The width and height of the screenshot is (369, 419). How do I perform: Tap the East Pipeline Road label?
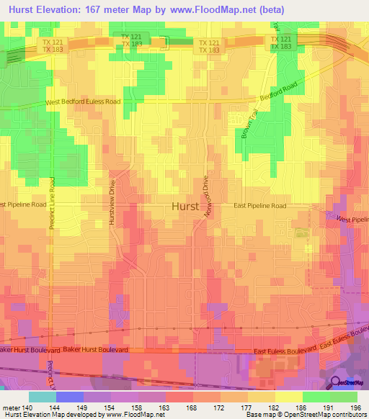[x=259, y=206]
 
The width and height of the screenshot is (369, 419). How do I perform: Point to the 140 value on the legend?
[x=27, y=407]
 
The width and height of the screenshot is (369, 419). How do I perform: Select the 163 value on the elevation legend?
[x=165, y=407]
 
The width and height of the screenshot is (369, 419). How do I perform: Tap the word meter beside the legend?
[x=10, y=407]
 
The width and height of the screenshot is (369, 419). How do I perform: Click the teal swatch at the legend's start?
[x=42, y=397]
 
